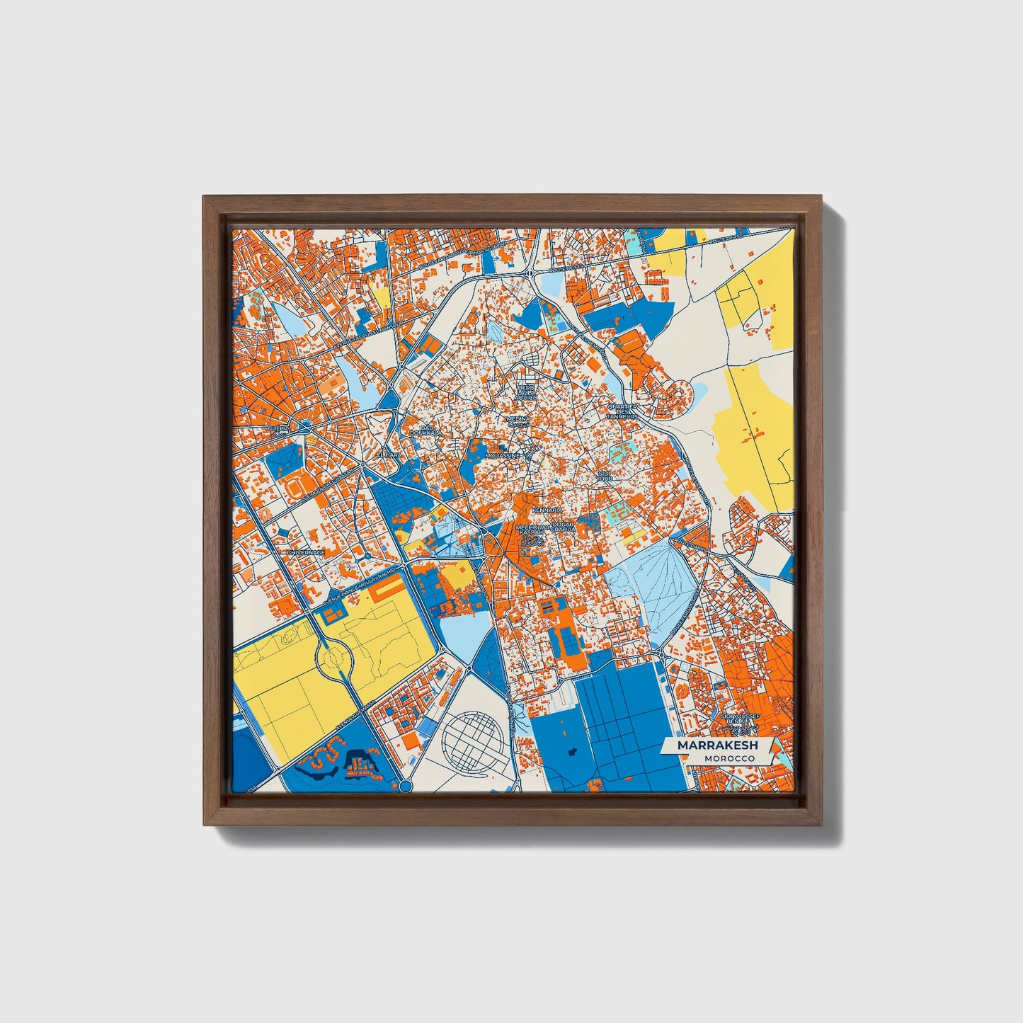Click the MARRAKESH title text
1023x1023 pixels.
point(717,745)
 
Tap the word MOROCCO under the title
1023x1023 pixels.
point(729,758)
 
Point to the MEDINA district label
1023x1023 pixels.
point(518,419)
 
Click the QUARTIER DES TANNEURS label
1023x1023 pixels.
point(623,411)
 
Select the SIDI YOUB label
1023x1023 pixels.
point(604,475)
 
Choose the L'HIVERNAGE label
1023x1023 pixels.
point(305,552)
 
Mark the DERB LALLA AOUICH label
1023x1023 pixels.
point(526,393)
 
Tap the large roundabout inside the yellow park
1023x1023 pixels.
point(334,661)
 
